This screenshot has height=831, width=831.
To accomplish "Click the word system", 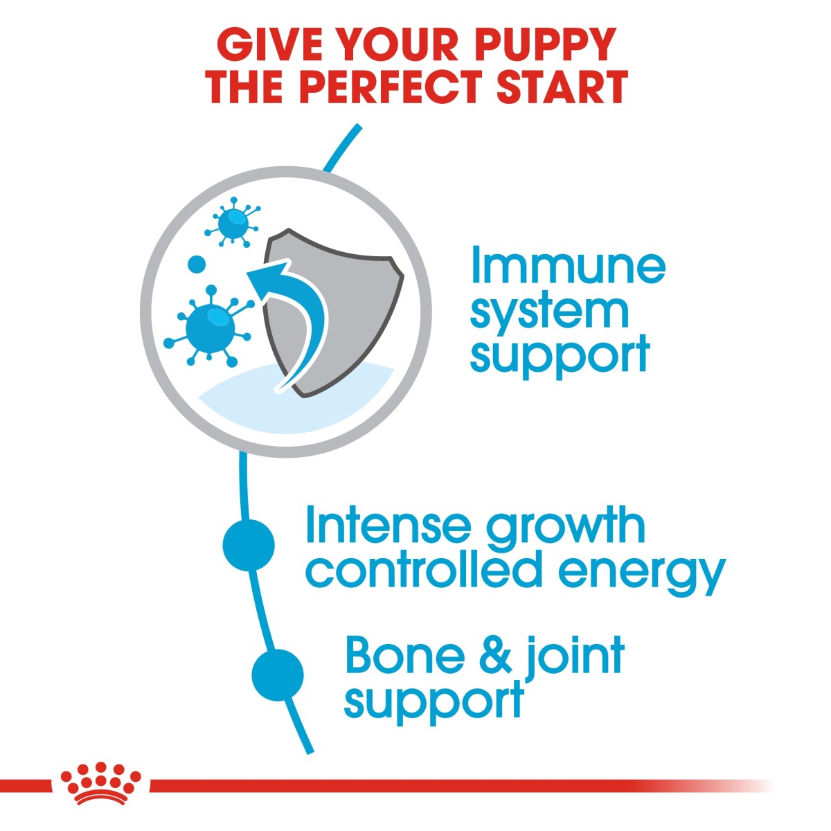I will pos(549,312).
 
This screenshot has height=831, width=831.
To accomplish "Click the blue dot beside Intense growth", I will pos(249,545).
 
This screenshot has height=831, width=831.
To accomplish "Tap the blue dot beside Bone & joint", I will pos(278,674).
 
